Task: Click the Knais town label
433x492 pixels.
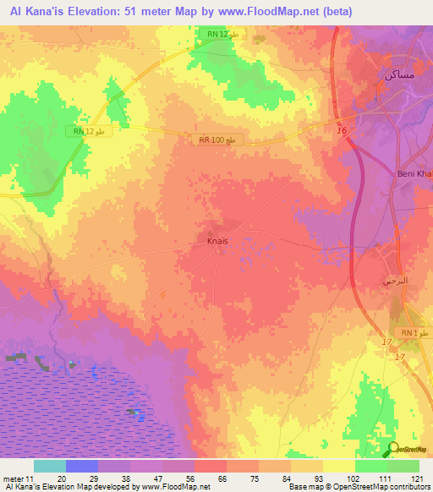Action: [x=218, y=241]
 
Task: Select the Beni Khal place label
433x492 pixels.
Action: [x=414, y=175]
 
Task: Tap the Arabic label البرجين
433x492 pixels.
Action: [x=393, y=280]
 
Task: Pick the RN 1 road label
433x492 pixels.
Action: [x=409, y=334]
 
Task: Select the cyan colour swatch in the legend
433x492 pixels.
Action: [x=49, y=466]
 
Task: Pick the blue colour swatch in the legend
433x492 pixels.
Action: [x=81, y=466]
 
